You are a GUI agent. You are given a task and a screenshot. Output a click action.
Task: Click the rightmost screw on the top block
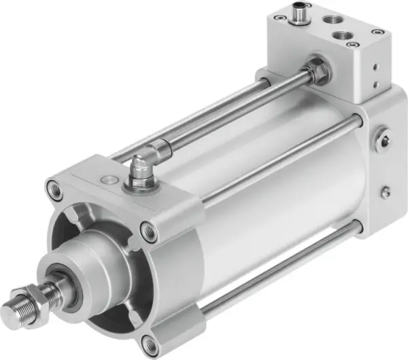point(376,31)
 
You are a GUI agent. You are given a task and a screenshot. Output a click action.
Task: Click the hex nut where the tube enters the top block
point(315,70)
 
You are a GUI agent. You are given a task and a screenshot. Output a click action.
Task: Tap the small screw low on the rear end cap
point(385,192)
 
